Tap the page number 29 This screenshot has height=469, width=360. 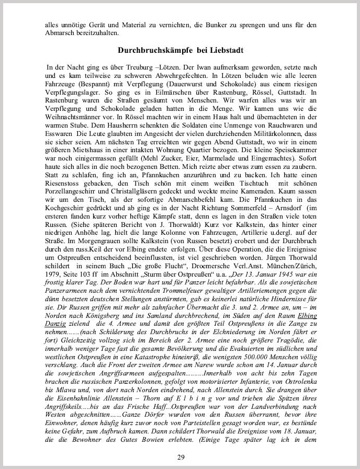pyautogui.click(x=180, y=457)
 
